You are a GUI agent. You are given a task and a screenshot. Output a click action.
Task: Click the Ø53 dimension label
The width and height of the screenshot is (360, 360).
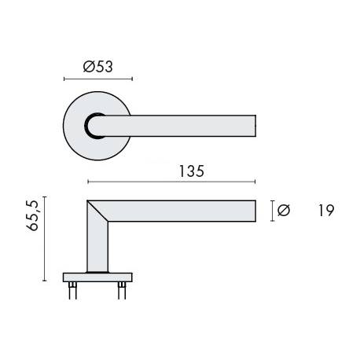pyautogui.click(x=98, y=67)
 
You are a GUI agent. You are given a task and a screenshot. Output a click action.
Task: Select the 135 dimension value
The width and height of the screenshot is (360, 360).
pyautogui.click(x=191, y=171)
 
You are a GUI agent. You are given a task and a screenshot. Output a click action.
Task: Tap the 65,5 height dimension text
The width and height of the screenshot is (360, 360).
pyautogui.click(x=32, y=215)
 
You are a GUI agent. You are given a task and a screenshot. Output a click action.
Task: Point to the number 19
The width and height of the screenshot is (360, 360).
pyautogui.click(x=326, y=211)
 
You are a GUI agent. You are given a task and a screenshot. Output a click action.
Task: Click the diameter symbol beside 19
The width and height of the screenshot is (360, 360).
pyautogui.click(x=284, y=210)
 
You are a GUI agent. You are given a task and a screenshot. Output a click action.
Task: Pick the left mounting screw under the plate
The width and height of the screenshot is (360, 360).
pyautogui.click(x=72, y=290)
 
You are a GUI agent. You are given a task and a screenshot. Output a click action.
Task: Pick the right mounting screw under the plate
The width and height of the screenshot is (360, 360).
pyautogui.click(x=122, y=290)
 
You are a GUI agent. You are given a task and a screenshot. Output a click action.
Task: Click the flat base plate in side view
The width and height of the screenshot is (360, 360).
pyautogui.click(x=97, y=277)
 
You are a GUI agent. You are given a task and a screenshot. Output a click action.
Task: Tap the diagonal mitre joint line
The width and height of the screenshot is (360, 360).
pyautogui.click(x=97, y=211)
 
